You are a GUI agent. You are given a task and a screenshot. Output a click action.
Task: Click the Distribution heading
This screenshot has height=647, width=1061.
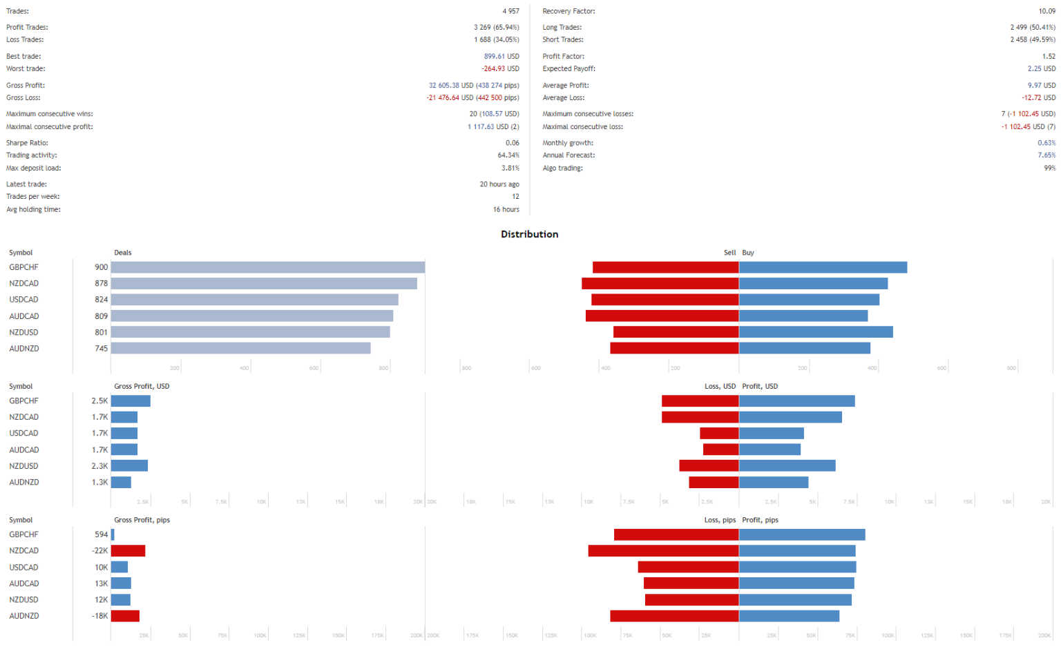(529, 234)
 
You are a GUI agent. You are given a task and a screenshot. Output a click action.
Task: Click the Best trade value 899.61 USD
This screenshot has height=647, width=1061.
(501, 57)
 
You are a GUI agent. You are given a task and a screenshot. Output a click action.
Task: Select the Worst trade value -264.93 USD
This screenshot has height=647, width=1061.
(500, 69)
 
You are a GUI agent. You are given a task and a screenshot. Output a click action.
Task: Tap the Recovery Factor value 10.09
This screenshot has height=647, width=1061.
(1046, 11)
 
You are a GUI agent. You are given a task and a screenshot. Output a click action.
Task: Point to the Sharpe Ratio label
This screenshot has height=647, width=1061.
(27, 143)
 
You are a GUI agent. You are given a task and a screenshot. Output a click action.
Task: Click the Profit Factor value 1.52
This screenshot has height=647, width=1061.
(1049, 57)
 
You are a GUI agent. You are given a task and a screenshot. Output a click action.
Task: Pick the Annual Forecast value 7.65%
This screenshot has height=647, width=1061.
(1046, 155)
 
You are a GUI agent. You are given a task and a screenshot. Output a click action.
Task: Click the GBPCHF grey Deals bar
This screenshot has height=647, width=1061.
(268, 267)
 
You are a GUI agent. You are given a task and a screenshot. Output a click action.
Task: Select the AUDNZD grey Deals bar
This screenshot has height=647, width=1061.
(240, 349)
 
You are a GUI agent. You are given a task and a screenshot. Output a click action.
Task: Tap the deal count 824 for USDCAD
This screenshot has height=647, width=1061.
(101, 300)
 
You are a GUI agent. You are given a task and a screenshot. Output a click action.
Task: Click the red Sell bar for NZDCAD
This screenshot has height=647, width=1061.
(660, 284)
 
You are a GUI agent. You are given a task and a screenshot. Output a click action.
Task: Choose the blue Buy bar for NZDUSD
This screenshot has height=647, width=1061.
(816, 332)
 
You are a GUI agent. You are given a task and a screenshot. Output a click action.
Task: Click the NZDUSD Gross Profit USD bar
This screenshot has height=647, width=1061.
(129, 466)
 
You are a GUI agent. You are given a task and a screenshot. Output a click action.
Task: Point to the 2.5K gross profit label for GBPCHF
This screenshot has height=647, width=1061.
(99, 401)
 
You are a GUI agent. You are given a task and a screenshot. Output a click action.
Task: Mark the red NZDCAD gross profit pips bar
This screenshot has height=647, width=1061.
(128, 551)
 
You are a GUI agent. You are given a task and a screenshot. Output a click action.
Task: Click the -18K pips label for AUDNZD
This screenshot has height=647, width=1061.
(99, 616)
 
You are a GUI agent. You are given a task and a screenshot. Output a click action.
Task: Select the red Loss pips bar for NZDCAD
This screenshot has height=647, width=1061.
(663, 551)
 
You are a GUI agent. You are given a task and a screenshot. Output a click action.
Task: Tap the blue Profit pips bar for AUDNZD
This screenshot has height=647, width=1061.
(789, 616)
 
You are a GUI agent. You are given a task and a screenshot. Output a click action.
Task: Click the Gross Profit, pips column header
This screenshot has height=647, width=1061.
(142, 520)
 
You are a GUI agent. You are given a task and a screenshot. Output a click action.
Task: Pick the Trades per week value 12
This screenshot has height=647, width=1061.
(515, 197)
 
